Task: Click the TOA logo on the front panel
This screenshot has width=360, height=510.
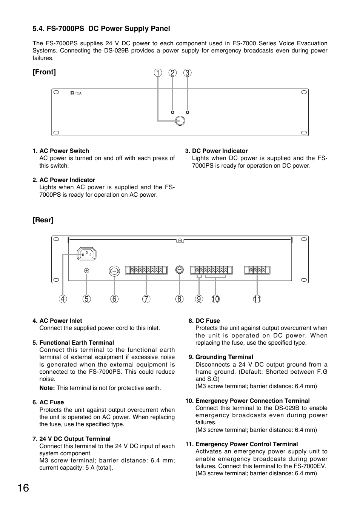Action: (76, 93)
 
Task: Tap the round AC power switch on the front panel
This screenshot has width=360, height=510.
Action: (180, 121)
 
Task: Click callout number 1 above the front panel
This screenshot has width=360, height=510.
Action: (158, 73)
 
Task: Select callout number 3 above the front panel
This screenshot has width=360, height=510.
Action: (188, 73)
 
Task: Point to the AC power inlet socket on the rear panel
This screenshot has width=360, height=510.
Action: (87, 254)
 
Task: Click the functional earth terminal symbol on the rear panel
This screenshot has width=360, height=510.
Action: (86, 270)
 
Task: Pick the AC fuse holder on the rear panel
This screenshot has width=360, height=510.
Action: (114, 271)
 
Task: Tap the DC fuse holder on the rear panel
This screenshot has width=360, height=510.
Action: (180, 270)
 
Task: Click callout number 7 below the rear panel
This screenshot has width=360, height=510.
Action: (146, 299)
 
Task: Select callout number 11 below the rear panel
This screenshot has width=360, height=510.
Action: (257, 299)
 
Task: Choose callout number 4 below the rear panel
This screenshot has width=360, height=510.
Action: (63, 299)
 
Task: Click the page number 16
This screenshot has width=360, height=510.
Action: (23, 488)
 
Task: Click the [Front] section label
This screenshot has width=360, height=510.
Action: (44, 72)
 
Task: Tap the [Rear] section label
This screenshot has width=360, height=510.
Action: (43, 220)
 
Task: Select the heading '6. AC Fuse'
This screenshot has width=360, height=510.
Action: (48, 402)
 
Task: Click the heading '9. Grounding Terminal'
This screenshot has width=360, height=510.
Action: (221, 357)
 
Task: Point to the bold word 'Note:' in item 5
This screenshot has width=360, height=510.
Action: (47, 388)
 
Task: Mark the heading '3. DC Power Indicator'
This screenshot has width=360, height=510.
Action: (216, 151)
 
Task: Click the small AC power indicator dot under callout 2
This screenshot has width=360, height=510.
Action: (172, 112)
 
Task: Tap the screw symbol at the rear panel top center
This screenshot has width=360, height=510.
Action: (180, 240)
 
